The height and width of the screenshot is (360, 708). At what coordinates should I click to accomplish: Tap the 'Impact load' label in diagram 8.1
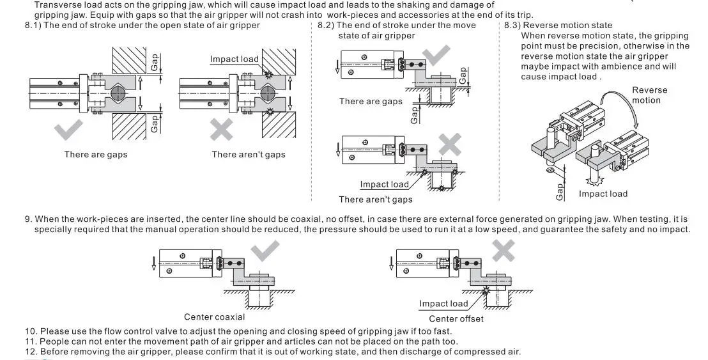(235, 59)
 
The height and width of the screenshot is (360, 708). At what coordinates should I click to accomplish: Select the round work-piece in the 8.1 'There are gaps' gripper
(118, 93)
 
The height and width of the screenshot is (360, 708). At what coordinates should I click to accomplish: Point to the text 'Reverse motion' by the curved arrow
(649, 95)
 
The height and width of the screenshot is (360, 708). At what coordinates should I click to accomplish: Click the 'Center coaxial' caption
(214, 317)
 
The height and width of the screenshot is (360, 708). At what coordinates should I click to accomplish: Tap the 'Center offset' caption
(456, 318)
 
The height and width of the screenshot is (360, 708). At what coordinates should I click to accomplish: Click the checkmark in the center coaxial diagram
(266, 250)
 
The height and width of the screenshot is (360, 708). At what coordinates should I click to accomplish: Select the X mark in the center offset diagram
(504, 250)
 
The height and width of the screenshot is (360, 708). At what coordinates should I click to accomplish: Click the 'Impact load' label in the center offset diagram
(443, 304)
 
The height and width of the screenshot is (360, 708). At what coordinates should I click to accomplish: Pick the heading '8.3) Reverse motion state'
(558, 26)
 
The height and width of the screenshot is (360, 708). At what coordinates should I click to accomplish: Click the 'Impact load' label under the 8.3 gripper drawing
(603, 194)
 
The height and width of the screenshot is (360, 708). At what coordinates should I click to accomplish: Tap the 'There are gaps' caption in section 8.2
(371, 101)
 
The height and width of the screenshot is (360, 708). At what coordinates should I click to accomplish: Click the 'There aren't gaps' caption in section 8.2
(376, 200)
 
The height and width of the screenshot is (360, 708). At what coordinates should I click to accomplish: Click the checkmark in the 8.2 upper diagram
(438, 56)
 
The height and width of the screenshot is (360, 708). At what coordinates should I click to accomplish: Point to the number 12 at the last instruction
(30, 352)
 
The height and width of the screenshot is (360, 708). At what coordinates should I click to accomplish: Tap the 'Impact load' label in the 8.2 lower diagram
(384, 184)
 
